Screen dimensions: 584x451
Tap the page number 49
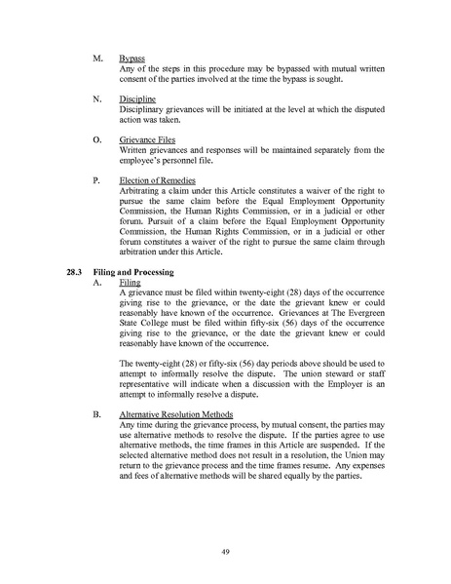[225, 551]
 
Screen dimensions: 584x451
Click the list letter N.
[94, 98]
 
